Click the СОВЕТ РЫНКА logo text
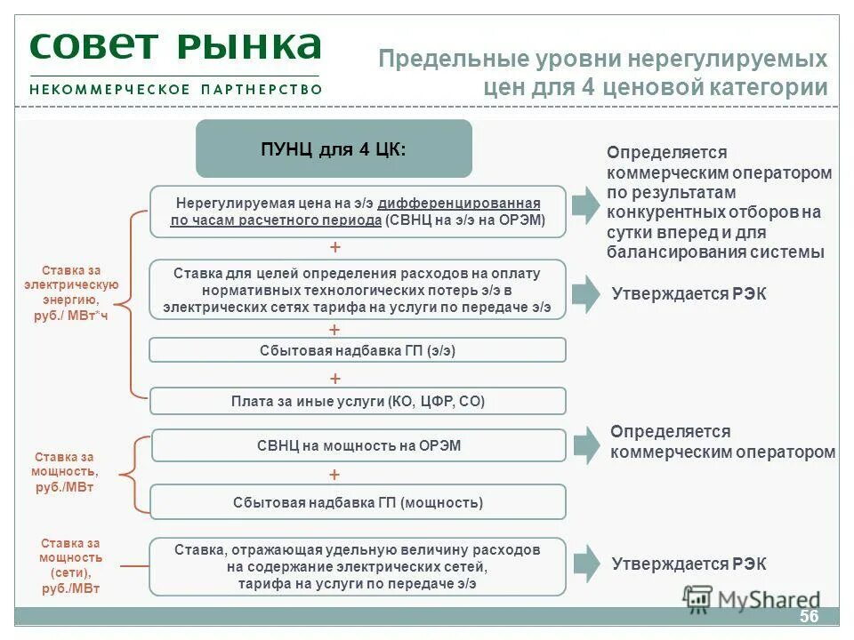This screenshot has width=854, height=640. [x=175, y=46]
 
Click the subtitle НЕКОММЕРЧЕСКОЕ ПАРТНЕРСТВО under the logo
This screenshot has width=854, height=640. [x=175, y=89]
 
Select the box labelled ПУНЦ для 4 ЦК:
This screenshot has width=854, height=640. [x=334, y=148]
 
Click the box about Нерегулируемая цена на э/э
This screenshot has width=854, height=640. [x=358, y=212]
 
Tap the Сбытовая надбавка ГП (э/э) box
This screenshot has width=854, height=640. [x=358, y=350]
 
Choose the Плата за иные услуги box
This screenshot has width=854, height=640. [x=358, y=402]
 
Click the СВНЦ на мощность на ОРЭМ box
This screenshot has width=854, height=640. [x=358, y=445]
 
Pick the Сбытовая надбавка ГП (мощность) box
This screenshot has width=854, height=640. [x=358, y=502]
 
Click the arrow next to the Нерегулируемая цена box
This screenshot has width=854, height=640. [x=584, y=204]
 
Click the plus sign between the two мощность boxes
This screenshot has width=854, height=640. [x=334, y=475]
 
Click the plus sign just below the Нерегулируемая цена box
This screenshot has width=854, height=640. [x=334, y=247]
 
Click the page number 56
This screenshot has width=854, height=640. [x=809, y=618]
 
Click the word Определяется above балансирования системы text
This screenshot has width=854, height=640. [x=655, y=153]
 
